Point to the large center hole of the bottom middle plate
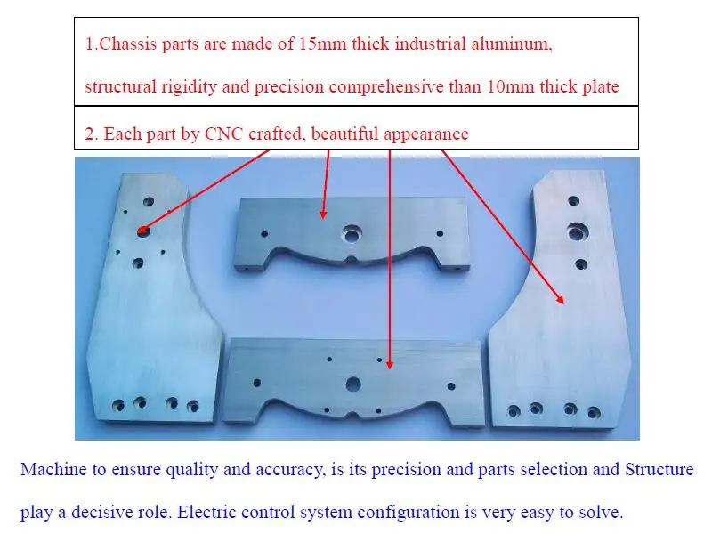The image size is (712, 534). [x=353, y=384]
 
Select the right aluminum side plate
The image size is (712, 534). [x=570, y=338]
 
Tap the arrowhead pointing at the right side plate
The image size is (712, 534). [x=561, y=301]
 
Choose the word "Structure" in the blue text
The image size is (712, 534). [x=659, y=469]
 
